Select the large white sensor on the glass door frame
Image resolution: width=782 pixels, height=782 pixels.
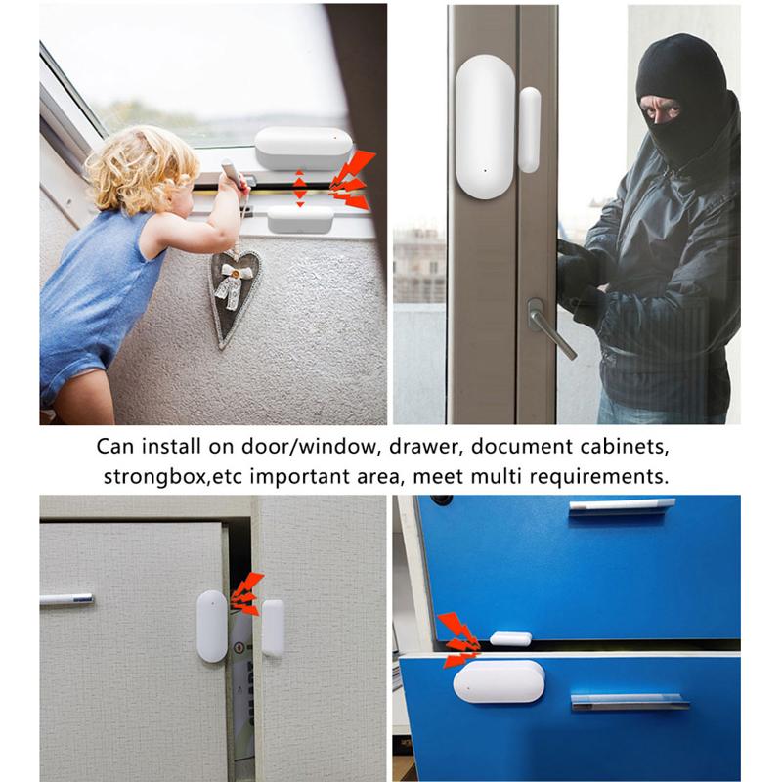click(x=485, y=127)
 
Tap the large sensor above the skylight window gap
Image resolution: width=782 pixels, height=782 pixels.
click(x=303, y=148)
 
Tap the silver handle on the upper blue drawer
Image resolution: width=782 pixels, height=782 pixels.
click(x=622, y=506)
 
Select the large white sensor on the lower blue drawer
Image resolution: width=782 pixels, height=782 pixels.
click(x=499, y=680)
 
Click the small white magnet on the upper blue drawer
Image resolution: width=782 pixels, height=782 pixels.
click(x=510, y=639)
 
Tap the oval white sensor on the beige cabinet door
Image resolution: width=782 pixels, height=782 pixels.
click(x=212, y=626)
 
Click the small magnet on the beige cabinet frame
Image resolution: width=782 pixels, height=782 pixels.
click(x=273, y=628)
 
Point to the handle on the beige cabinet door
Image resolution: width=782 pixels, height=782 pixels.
click(x=66, y=598)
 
